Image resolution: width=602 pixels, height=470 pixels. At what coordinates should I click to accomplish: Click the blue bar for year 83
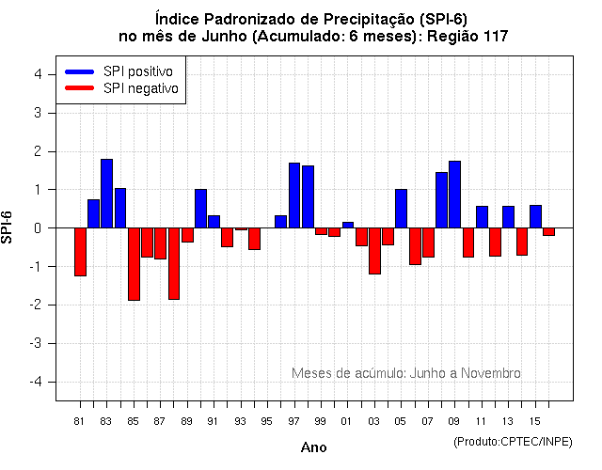pyautogui.click(x=107, y=194)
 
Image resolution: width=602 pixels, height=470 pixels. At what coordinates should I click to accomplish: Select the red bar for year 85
pyautogui.click(x=134, y=264)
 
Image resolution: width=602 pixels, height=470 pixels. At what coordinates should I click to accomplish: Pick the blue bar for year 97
pyautogui.click(x=294, y=196)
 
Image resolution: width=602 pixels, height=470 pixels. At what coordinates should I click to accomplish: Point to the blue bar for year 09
pyautogui.click(x=455, y=195)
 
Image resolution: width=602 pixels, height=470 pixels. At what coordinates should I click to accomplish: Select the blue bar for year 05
pyautogui.click(x=402, y=209)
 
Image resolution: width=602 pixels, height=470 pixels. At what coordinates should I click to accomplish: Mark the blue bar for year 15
pyautogui.click(x=535, y=216)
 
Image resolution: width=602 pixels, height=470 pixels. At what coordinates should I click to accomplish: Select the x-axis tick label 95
pyautogui.click(x=267, y=420)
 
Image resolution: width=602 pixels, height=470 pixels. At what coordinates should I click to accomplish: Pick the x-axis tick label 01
pyautogui.click(x=347, y=420)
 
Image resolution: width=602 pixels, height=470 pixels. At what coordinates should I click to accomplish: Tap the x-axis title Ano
pyautogui.click(x=313, y=447)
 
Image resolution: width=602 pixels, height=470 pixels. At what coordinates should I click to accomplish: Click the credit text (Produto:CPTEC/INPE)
pyautogui.click(x=512, y=441)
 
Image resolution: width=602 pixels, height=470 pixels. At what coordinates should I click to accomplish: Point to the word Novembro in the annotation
pyautogui.click(x=491, y=373)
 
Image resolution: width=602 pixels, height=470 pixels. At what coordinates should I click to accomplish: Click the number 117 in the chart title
pyautogui.click(x=492, y=37)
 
